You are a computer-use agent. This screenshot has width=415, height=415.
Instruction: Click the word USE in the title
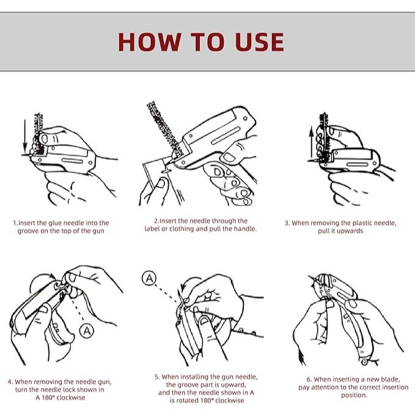[259, 42]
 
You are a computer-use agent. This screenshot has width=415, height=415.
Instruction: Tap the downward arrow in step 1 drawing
[24, 138]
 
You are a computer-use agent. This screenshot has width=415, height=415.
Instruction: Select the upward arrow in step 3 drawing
[312, 143]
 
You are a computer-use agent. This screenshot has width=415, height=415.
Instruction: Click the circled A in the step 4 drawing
[87, 331]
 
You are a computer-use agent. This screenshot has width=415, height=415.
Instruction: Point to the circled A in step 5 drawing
[149, 278]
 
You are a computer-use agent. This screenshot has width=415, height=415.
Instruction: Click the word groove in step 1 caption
[28, 231]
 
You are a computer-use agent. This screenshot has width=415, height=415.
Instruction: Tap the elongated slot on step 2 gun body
[226, 136]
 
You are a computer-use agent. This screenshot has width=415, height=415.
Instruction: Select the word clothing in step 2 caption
[182, 229]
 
